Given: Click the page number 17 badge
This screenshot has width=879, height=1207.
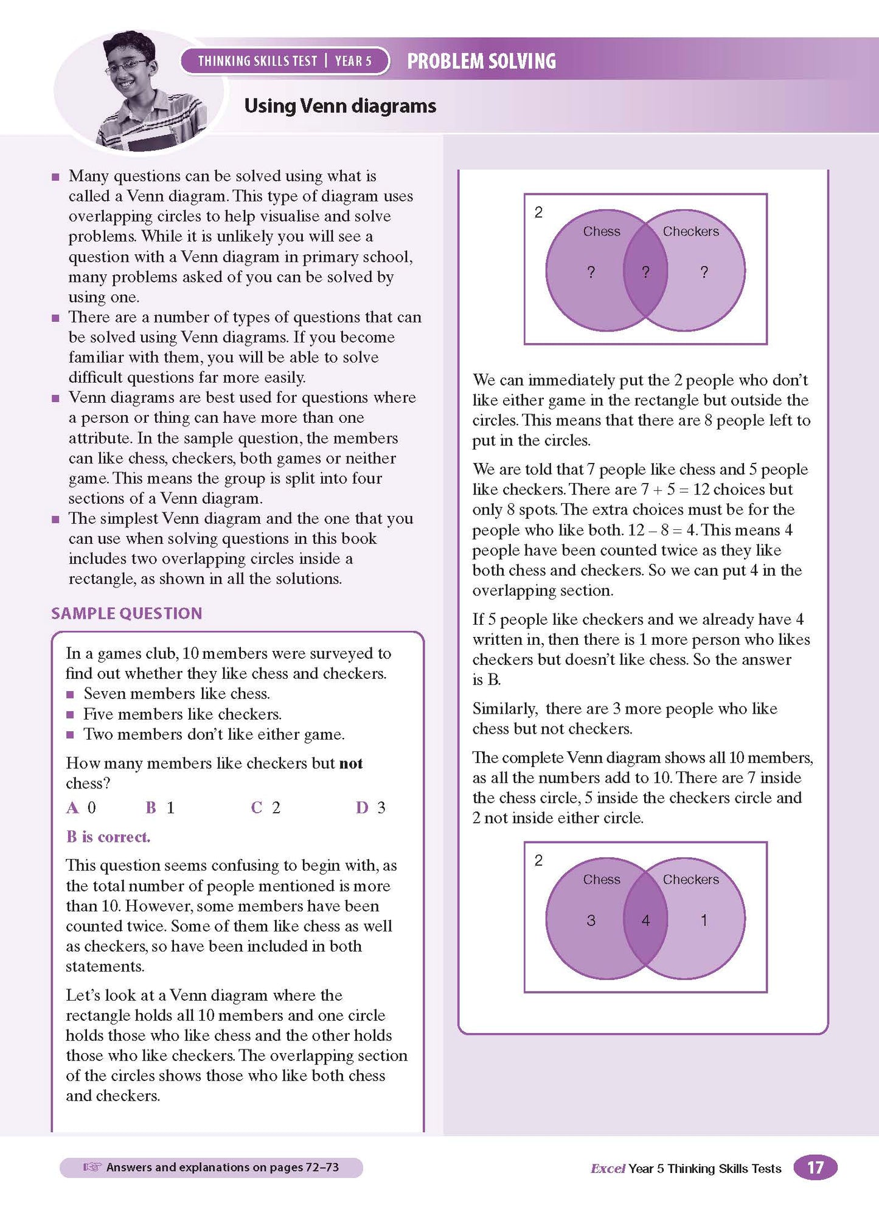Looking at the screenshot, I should point(815,1167).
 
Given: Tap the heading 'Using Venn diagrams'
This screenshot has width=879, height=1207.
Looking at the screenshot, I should point(340,106).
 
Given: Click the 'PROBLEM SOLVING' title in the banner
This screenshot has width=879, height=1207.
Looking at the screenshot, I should point(481,61).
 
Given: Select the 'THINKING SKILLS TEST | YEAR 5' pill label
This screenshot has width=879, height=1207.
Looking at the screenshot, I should point(285,61).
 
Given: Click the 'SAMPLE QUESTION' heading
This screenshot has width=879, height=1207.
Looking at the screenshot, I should point(127,613).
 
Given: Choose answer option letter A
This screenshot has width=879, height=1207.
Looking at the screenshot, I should point(72,808).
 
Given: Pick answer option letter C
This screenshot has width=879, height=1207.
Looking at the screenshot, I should point(256,808).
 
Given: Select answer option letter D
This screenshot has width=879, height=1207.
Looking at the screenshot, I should point(362,808).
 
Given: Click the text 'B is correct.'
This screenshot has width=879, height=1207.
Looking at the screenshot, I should point(108,837).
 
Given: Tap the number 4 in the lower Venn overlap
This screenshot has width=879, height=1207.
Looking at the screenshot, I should point(645,920).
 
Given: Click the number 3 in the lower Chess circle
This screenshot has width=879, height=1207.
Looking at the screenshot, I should point(591,920).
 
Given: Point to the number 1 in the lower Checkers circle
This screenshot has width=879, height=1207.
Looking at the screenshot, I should point(704,920).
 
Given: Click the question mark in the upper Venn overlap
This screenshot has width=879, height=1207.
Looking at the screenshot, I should point(645,273).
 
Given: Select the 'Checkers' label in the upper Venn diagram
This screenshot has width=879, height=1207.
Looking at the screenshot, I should point(690,232).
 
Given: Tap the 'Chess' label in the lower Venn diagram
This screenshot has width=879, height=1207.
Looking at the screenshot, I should point(602,880).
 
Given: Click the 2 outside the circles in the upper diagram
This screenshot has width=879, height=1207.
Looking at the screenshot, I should point(538,212).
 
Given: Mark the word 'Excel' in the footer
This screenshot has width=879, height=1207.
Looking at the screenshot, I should point(608,1169).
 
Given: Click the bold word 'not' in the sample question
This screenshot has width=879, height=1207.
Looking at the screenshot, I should point(351,764).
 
